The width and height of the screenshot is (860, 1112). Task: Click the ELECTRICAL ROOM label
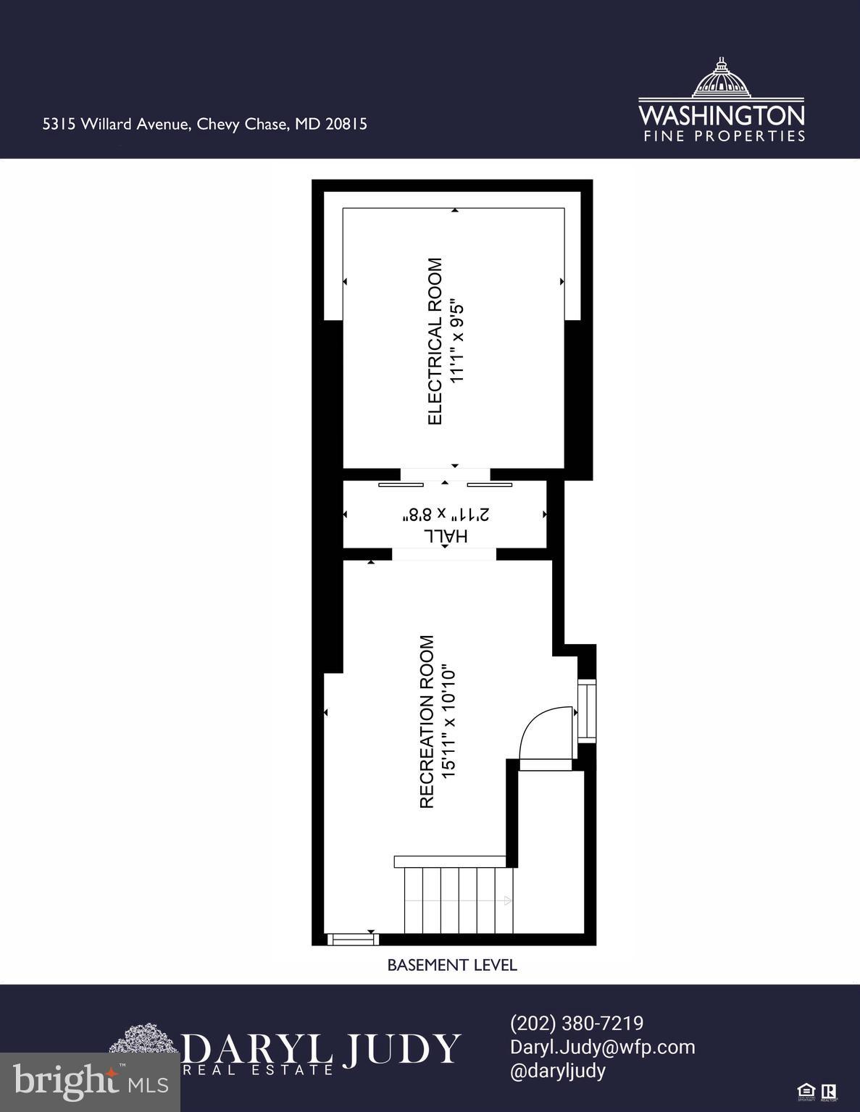coord(435,341)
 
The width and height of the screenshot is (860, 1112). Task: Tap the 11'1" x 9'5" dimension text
coord(456,341)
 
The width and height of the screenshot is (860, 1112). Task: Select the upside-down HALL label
coord(446,536)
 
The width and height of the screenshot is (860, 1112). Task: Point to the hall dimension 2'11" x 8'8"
coord(446,515)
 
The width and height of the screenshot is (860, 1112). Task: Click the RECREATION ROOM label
coord(427,722)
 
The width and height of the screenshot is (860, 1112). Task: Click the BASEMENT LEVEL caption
coord(452,965)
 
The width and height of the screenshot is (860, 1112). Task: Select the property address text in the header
coord(205,124)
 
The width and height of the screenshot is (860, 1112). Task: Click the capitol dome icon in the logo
coord(720,78)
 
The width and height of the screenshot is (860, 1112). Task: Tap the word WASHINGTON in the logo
coord(721,115)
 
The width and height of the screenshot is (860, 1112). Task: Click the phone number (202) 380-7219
coord(577,1023)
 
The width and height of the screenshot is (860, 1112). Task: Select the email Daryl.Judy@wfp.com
coord(602,1047)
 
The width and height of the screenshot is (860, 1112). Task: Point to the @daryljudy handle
coord(558,1071)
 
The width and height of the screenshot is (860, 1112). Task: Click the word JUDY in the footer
coord(401,1048)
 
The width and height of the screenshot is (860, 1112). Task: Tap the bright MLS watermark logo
coord(91,1082)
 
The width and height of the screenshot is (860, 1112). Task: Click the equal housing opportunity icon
coord(805,1091)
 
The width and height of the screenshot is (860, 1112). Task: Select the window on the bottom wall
coord(353,940)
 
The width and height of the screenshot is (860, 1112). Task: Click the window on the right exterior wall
coord(588,711)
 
